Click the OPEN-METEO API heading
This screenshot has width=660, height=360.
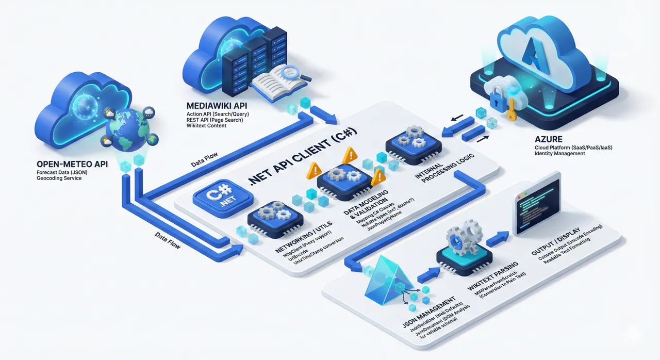coord(72,164)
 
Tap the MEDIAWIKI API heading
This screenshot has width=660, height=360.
coord(217,106)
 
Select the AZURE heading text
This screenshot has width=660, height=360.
coord(548,139)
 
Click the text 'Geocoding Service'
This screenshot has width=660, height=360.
coord(59,178)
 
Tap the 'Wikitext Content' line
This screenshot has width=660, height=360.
coord(206,125)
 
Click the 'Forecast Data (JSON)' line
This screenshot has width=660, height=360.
coord(62,172)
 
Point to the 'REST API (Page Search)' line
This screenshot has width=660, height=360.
coord(214,120)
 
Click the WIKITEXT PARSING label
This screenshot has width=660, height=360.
coord(492,275)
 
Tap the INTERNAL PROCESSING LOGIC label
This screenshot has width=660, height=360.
coord(445,168)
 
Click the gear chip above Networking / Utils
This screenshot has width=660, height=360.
coord(275,219)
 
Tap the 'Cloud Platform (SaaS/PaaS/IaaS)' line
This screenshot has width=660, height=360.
coord(573,148)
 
